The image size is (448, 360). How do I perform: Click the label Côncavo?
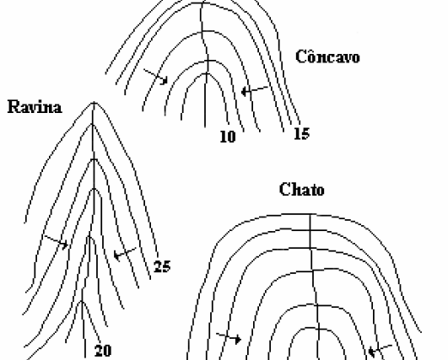(327, 56)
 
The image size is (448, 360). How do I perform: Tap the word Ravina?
(35, 107)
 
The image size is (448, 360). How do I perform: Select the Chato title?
(302, 190)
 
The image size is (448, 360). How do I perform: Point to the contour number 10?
(228, 137)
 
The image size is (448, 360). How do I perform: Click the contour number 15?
(302, 133)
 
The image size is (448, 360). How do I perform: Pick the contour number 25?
(162, 266)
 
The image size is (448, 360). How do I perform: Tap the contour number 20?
(103, 351)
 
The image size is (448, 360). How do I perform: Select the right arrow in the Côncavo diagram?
(255, 90)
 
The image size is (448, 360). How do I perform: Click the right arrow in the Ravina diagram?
(125, 253)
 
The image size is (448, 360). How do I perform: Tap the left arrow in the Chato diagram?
(229, 338)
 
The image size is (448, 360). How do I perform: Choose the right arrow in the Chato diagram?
(381, 350)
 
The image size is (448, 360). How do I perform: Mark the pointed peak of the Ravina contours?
(94, 103)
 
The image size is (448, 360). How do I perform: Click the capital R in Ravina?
(13, 107)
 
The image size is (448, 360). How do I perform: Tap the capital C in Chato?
(284, 190)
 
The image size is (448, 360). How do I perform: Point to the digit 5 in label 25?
(166, 266)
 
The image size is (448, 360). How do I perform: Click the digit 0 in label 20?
(107, 351)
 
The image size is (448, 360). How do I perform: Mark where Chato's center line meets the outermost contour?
(310, 214)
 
